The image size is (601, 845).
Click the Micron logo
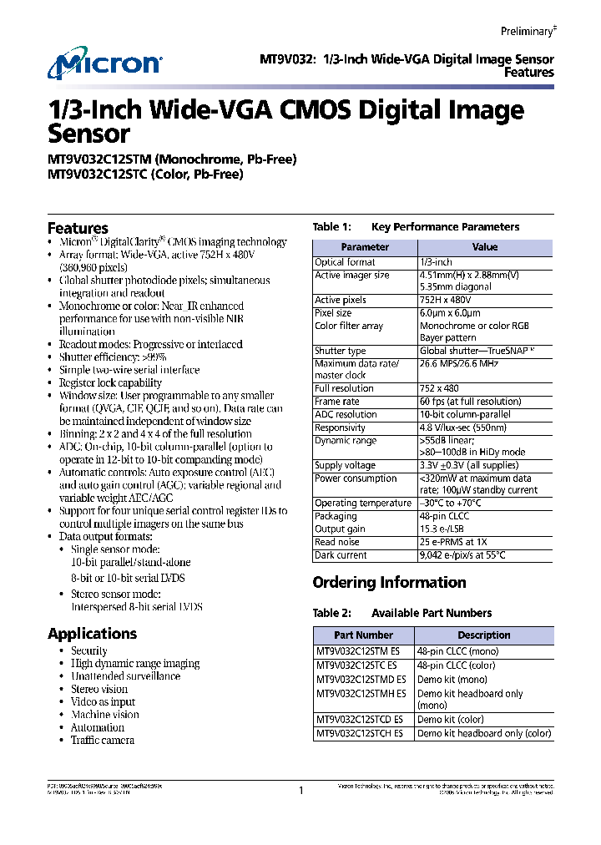(x=104, y=64)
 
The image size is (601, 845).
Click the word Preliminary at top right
(x=527, y=31)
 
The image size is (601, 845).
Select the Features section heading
(x=78, y=228)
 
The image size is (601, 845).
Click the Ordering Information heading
(x=389, y=582)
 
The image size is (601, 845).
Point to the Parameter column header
(x=365, y=247)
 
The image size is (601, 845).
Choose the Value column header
(x=484, y=247)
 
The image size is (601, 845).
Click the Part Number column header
(x=363, y=635)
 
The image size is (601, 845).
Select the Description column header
(x=483, y=635)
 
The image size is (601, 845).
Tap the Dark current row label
(x=341, y=555)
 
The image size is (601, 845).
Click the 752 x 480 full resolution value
(x=440, y=389)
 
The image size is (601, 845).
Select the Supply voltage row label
(x=345, y=465)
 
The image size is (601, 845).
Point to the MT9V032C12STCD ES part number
(x=360, y=719)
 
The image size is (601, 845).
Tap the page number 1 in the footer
(x=300, y=790)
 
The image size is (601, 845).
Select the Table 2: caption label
(x=332, y=613)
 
